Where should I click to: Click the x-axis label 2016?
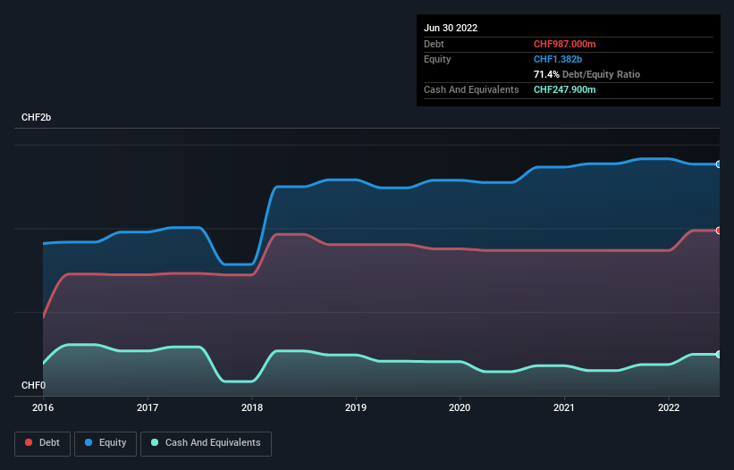(x=43, y=407)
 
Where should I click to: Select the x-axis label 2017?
(x=148, y=407)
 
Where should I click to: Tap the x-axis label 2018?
(x=252, y=407)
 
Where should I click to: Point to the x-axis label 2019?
(x=356, y=407)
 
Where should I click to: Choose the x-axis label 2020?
(x=460, y=407)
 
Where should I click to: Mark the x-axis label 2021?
(x=564, y=407)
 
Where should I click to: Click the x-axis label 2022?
(x=669, y=407)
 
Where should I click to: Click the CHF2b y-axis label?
(x=38, y=118)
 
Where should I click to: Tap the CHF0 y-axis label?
(x=33, y=385)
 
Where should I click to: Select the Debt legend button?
(x=43, y=443)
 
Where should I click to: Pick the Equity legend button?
(x=105, y=443)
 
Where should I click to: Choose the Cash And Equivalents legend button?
(x=206, y=443)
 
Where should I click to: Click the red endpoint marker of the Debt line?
(x=718, y=231)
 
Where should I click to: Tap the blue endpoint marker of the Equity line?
(x=718, y=164)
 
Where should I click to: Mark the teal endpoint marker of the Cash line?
(x=718, y=355)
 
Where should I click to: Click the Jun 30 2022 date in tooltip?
(x=451, y=28)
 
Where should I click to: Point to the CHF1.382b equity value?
(x=559, y=59)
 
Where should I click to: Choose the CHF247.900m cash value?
(x=566, y=89)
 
